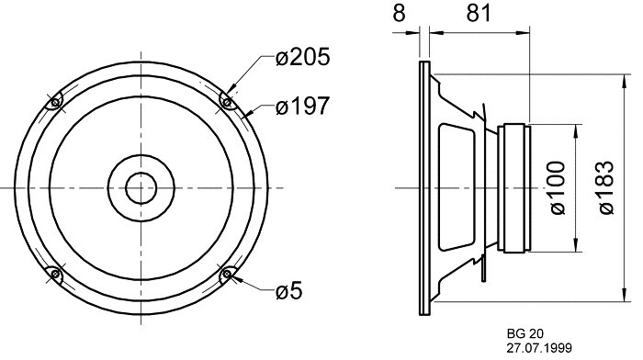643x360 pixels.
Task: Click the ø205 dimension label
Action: point(302,57)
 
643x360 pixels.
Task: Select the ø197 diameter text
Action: point(302,106)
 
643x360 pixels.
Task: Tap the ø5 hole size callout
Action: point(288,291)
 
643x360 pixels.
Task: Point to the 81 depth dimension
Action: point(479,14)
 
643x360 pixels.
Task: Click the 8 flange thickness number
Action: point(399,14)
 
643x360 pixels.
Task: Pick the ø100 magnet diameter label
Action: point(557,187)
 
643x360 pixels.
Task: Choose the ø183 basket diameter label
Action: point(606,187)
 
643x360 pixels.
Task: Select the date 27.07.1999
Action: point(539,348)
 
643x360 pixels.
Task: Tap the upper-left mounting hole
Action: point(55,102)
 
